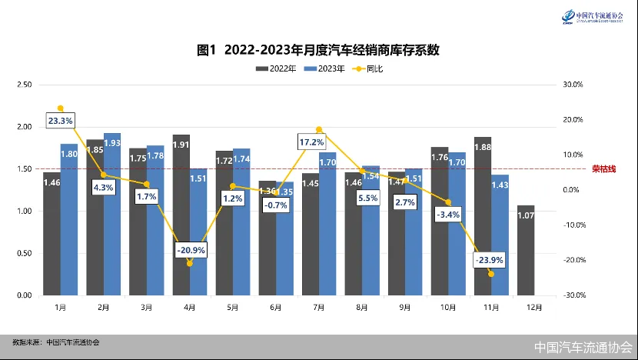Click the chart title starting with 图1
click(318, 51)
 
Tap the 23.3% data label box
click(60, 121)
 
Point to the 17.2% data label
click(311, 142)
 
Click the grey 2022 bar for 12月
click(527, 250)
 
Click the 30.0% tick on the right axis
click(575, 85)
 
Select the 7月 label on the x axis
click(318, 306)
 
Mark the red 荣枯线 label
click(604, 169)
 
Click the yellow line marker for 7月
click(319, 130)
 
